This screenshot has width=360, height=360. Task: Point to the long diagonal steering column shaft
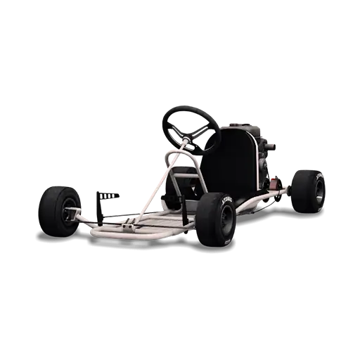point(158,183)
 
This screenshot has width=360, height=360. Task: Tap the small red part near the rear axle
point(271,184)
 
